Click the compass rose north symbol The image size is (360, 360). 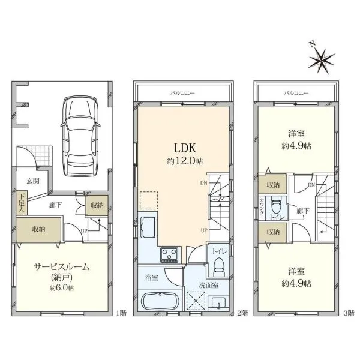coord(321,60)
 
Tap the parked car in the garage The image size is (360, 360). coord(80,136)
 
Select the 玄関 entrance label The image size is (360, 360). coord(33,181)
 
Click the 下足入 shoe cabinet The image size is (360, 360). coord(22,203)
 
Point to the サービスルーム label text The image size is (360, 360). coord(62,267)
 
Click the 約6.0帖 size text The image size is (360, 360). coord(62,288)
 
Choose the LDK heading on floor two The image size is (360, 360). coord(185,148)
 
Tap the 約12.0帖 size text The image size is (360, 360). coord(185,161)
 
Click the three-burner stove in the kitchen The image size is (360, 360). coord(169,255)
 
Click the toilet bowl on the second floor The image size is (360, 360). coord(218,266)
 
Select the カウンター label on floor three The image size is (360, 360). coord(262,208)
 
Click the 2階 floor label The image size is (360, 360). coord(242,313)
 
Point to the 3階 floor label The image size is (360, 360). coord(349,313)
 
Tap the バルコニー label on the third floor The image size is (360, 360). coord(296,93)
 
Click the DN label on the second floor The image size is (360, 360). coord(203,183)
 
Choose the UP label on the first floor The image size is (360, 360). coord(84,231)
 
